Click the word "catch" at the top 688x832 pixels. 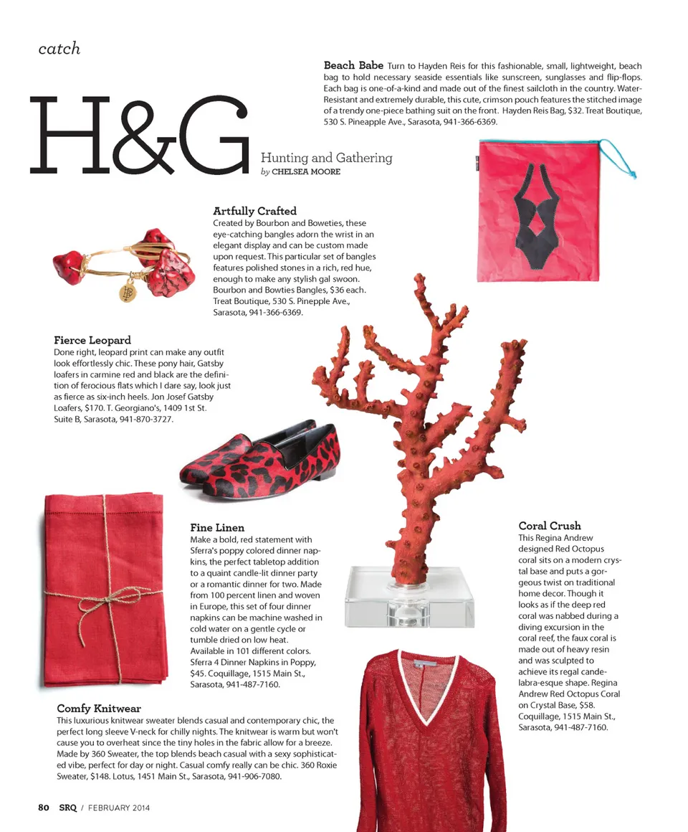tap(59, 49)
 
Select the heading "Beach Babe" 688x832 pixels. tap(353, 65)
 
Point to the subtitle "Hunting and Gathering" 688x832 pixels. tap(326, 158)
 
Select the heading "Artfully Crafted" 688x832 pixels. tap(254, 211)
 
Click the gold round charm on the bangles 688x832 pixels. tap(127, 292)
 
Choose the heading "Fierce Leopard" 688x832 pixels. tap(92, 340)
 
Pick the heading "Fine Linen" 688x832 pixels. tap(217, 528)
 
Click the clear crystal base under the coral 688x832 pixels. tap(409, 598)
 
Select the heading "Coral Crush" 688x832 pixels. tap(550, 526)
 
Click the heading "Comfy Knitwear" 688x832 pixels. tap(99, 709)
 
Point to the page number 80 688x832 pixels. tap(44, 807)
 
